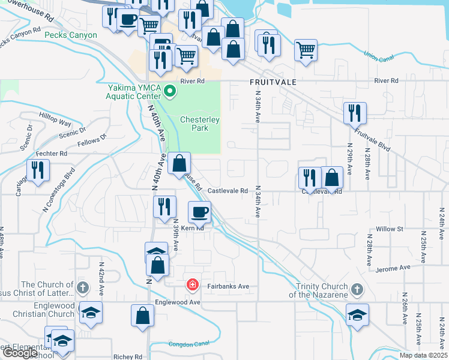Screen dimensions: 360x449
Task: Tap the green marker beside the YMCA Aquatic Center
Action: (170, 92)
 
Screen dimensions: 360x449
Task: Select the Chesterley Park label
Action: (200, 124)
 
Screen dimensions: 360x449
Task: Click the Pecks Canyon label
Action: (71, 35)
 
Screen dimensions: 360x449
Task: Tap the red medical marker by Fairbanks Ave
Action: (192, 284)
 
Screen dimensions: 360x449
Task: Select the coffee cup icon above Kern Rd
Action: (200, 212)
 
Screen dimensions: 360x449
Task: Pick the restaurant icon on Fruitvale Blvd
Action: (355, 112)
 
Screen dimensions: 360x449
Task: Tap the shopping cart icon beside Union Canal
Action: (306, 50)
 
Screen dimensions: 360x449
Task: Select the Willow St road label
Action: (389, 229)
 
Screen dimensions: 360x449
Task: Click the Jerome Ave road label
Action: (394, 267)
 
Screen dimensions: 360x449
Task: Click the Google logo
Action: (20, 353)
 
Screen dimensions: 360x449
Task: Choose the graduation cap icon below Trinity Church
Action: (357, 314)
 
